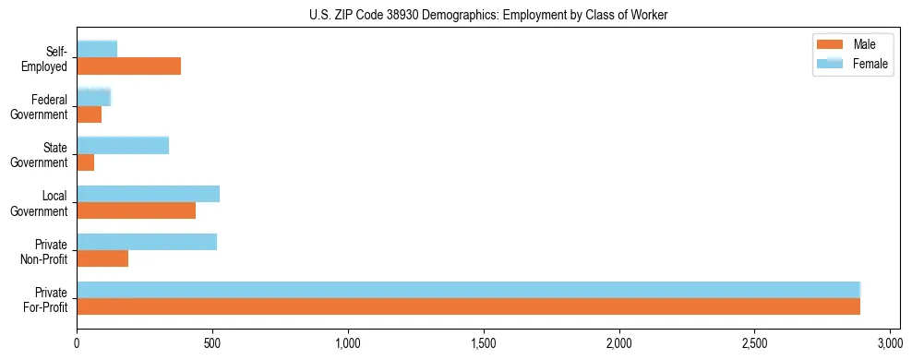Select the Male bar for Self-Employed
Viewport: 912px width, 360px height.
(128, 66)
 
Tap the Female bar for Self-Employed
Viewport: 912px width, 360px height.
(97, 49)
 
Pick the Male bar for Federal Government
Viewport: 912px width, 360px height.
(89, 114)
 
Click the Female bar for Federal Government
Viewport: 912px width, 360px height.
(93, 97)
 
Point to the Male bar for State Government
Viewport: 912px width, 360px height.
(85, 162)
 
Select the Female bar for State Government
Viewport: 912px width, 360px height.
(123, 145)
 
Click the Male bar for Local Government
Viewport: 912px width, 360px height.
(136, 210)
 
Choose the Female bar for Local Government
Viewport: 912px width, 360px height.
(148, 193)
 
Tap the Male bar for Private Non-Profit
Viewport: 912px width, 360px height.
(102, 258)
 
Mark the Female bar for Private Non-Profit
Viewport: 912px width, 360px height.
(147, 241)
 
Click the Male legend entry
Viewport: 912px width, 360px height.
(850, 44)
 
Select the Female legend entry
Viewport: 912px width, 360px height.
(850, 64)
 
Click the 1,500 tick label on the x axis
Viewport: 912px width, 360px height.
(484, 342)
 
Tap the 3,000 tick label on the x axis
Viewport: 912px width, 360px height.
(890, 342)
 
